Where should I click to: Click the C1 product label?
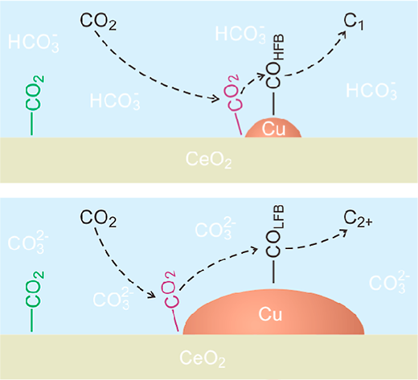coord(354,22)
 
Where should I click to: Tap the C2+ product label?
coord(358,219)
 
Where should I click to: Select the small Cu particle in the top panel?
coord(273,129)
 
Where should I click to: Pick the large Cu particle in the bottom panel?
coord(273,313)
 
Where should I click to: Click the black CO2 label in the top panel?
coord(98,22)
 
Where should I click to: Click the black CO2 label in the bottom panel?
coord(98,219)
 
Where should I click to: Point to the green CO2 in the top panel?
coord(35,93)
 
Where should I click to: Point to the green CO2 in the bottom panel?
coord(35,289)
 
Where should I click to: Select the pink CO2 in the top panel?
coord(234,92)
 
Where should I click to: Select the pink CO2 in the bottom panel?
coord(170,289)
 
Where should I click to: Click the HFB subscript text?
coord(279,47)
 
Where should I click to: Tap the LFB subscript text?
coord(279,217)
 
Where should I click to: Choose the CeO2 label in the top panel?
coord(208,160)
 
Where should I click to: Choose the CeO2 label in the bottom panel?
coord(203,358)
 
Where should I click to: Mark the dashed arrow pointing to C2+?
coord(316,243)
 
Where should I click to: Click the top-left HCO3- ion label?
coord(33,42)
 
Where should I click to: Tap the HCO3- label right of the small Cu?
coord(371,91)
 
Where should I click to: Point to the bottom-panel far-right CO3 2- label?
coord(389,282)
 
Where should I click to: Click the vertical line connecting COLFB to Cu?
coord(273,272)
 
